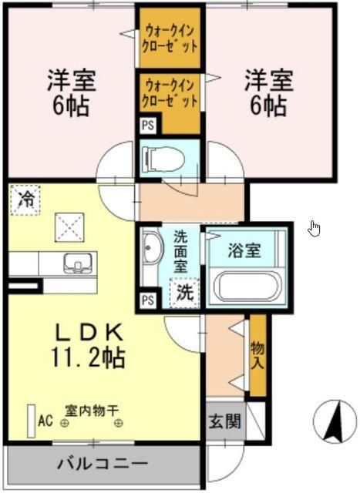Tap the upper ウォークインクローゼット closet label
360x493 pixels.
[170, 38]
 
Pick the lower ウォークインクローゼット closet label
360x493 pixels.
[170, 91]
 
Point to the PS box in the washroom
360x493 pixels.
[146, 300]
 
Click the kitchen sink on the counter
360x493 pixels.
[76, 263]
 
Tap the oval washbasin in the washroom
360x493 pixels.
[151, 252]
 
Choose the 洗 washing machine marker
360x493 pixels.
[185, 292]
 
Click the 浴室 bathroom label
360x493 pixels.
[245, 250]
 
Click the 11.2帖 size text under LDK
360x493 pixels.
[89, 357]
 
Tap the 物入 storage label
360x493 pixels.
[257, 354]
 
